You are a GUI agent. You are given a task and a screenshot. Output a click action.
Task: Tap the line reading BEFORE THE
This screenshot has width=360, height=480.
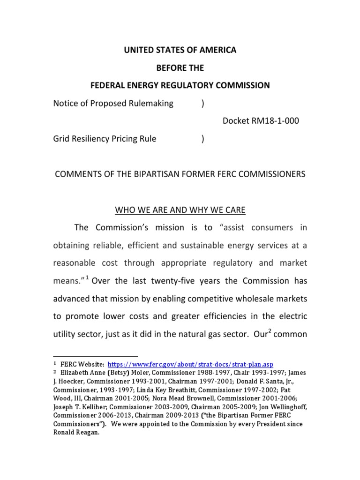pos(180,68)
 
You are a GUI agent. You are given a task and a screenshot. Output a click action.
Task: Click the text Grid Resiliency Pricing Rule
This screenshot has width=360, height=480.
pos(105,139)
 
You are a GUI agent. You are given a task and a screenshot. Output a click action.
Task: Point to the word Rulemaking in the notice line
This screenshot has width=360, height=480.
pos(151,104)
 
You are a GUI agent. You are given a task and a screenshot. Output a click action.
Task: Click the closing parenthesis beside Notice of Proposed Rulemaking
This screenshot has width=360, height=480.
pos(202,104)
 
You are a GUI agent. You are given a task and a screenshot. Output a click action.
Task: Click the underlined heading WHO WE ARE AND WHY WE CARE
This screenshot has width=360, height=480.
pos(180,210)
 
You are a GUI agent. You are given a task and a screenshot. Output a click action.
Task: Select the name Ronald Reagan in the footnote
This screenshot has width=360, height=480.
pos(75,433)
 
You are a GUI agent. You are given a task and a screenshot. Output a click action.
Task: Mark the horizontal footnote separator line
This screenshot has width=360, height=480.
pos(95,356)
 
